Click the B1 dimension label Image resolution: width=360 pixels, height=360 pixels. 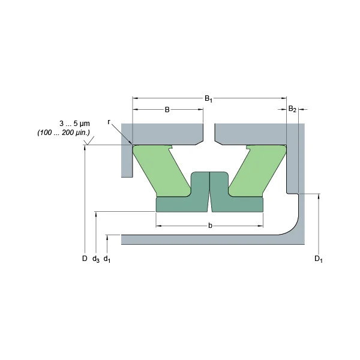tap(208, 99)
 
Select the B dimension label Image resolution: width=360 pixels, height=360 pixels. tap(167, 110)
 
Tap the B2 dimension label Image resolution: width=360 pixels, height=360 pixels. tap(292, 109)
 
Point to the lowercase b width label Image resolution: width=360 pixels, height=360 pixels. tap(210, 226)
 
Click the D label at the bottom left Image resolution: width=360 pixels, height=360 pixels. tap(85, 259)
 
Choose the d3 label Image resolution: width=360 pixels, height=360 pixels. tap(96, 259)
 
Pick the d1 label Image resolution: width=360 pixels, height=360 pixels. tap(107, 259)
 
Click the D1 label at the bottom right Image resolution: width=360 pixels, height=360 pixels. tap(319, 259)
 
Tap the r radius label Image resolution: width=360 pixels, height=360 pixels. tap(109, 122)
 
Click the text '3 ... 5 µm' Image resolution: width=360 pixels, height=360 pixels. tap(74, 124)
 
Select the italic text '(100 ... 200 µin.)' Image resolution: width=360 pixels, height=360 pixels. tap(64, 133)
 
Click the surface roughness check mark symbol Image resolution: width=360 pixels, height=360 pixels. tap(89, 140)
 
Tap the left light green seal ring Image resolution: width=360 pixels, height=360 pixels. tap(161, 171)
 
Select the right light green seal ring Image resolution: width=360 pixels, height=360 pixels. tap(257, 171)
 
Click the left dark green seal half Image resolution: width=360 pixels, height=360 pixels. tap(183, 193)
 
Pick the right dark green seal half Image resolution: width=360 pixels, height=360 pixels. tap(236, 193)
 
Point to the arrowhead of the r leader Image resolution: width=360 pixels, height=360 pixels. tap(131, 144)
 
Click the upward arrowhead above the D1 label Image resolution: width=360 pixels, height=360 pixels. tap(319, 196)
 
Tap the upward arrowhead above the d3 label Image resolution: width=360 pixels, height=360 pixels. tap(96, 214)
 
